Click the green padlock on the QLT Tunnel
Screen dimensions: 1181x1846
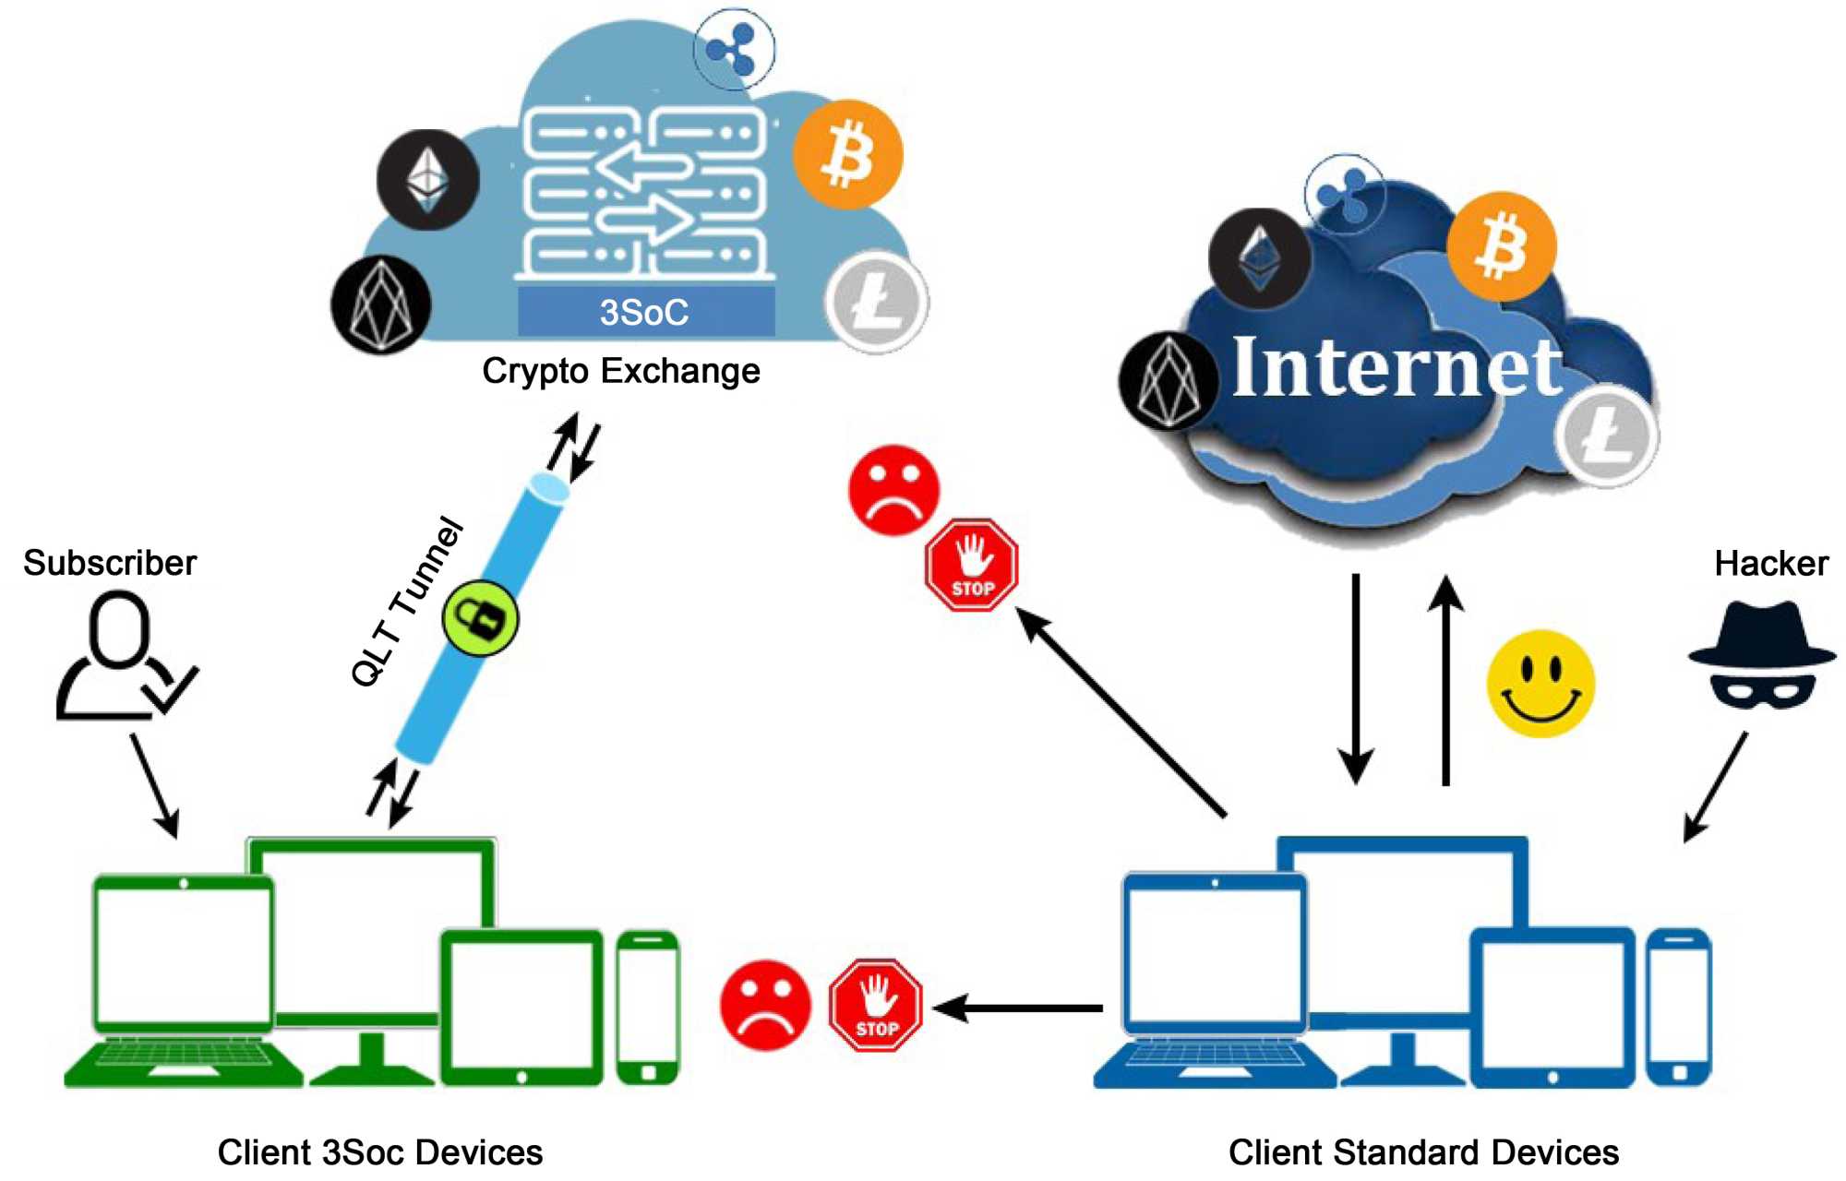[x=481, y=618]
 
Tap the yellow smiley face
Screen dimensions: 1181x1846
[x=1540, y=684]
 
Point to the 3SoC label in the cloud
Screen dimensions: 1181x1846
[x=645, y=312]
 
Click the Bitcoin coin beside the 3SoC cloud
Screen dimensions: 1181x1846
[x=847, y=154]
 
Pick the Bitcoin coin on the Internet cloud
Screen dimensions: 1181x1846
[x=1502, y=246]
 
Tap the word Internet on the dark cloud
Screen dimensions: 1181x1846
[x=1396, y=368]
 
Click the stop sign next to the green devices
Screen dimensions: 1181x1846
[x=875, y=1007]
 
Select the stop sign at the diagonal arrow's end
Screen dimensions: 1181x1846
[x=972, y=565]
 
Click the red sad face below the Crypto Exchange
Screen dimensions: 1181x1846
[x=893, y=490]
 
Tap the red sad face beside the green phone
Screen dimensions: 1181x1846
[x=765, y=1005]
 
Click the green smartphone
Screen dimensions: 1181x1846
[x=648, y=1008]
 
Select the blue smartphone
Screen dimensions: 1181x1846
[x=1679, y=1008]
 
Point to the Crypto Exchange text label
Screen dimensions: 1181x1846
[x=621, y=371]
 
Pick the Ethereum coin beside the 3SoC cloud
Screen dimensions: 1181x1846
[x=427, y=180]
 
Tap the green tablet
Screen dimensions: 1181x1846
[x=521, y=1008]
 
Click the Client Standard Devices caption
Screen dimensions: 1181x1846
[x=1423, y=1152]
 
